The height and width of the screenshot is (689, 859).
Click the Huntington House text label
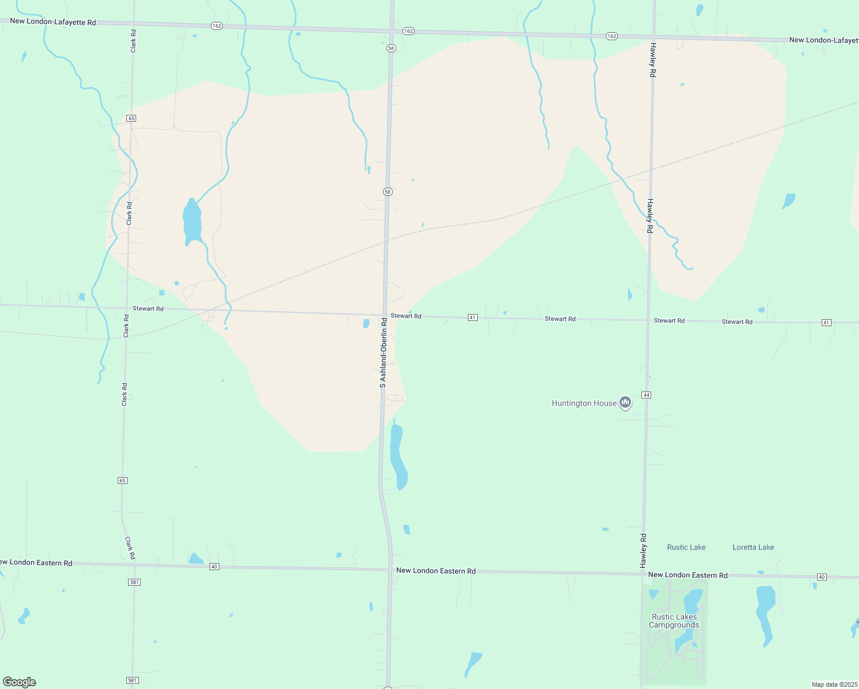click(x=584, y=404)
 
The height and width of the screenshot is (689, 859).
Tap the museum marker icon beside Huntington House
click(x=626, y=402)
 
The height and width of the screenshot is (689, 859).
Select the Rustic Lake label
click(x=686, y=548)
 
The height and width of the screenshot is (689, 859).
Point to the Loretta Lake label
click(x=753, y=548)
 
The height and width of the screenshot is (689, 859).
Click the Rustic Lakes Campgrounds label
click(x=674, y=621)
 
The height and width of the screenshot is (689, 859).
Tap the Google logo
click(x=20, y=682)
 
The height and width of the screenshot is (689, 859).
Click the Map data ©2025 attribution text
click(x=834, y=684)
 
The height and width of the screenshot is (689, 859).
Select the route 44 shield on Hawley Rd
click(x=647, y=395)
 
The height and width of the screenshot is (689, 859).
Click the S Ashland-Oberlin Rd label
click(x=383, y=353)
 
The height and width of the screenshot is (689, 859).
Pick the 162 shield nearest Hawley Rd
click(x=612, y=36)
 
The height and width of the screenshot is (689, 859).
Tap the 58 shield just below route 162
click(x=391, y=48)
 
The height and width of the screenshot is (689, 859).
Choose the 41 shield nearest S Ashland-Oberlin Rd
click(x=473, y=318)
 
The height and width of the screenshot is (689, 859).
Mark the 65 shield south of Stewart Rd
click(x=122, y=481)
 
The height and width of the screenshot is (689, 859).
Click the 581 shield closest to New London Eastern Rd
click(x=134, y=582)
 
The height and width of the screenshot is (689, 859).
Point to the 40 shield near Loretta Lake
click(x=822, y=577)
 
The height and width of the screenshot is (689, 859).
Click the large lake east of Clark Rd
click(x=192, y=222)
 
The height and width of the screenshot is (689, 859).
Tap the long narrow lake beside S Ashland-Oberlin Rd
click(x=398, y=456)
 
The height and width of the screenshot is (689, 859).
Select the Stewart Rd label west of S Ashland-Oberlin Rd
click(x=148, y=309)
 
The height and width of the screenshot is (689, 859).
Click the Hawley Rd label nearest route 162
click(x=652, y=60)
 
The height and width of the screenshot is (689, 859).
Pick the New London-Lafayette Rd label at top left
click(x=53, y=22)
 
